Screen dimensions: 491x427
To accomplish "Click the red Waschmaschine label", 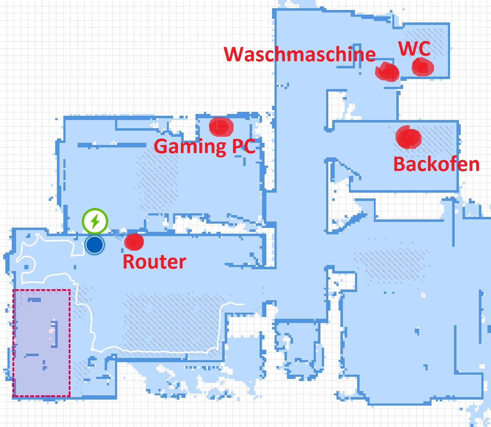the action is [x=300, y=54].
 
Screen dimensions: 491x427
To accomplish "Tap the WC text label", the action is [x=414, y=48].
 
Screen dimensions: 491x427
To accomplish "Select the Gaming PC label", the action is [x=205, y=147].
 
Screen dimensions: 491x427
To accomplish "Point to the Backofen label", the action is [x=436, y=165].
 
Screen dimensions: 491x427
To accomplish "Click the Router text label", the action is [x=154, y=261].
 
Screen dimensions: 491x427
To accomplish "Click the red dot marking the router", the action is [x=134, y=242].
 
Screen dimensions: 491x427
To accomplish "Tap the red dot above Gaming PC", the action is [x=221, y=127].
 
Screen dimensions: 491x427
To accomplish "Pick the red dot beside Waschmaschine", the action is [x=387, y=72].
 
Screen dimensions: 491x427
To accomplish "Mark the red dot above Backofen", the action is [x=408, y=137].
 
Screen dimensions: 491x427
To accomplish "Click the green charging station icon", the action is [x=95, y=221].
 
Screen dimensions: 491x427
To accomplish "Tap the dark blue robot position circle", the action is [x=95, y=245].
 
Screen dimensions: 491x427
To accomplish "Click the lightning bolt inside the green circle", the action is [x=95, y=221].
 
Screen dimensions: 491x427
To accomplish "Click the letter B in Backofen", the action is [x=399, y=164].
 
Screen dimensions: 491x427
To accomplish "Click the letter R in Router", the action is [x=129, y=261].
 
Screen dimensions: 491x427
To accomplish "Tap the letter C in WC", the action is [x=424, y=49].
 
